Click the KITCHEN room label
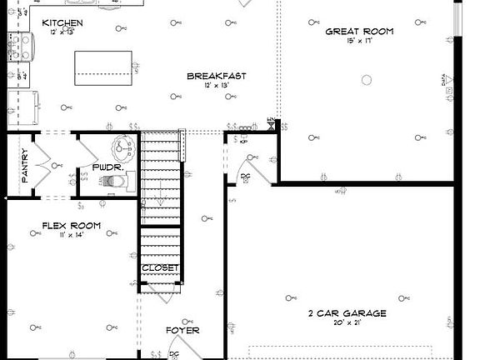point(61,22)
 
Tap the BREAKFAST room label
point(216,76)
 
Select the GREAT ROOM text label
point(359,32)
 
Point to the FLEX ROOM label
point(72,226)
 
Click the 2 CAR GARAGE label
point(347,313)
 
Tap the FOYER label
point(182,330)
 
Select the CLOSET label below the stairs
point(160,267)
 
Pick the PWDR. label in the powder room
point(114,167)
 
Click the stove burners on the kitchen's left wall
point(14,46)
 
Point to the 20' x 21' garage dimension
point(347,323)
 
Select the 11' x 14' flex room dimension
point(72,236)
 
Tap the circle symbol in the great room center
point(365,80)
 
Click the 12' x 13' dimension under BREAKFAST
point(216,86)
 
